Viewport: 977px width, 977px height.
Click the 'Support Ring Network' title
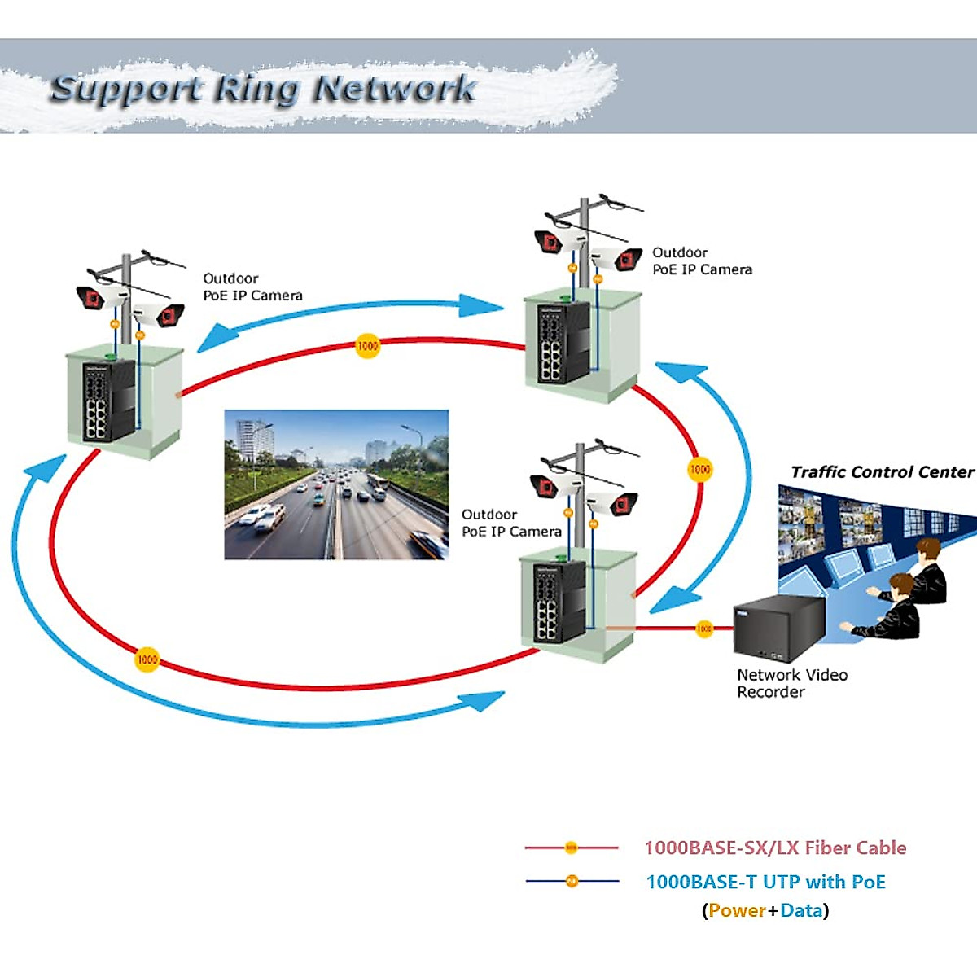(262, 88)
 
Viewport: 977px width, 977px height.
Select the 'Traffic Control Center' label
(882, 472)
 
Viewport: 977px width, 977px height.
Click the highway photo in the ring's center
(336, 484)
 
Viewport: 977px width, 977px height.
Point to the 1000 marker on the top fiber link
(368, 346)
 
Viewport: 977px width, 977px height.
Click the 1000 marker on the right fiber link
(700, 469)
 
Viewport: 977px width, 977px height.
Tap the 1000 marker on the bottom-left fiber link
(147, 659)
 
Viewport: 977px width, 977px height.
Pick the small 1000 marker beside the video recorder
(704, 628)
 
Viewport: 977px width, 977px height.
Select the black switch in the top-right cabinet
(561, 342)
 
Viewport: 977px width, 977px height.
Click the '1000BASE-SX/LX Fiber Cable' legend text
(775, 848)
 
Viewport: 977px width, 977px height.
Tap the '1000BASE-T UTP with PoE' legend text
(765, 882)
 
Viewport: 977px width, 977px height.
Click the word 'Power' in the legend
(737, 910)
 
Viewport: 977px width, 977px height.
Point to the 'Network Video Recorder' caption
(791, 683)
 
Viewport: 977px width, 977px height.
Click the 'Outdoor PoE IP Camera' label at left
(252, 287)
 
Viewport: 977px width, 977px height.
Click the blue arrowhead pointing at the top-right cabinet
(482, 306)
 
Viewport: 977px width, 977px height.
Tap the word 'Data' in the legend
(801, 910)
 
